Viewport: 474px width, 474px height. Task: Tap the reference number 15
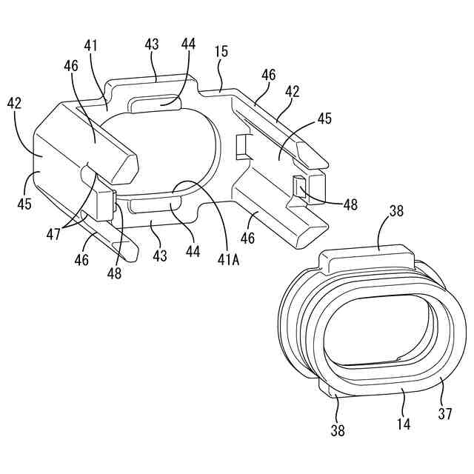tap(221, 53)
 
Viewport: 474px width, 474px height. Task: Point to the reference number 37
tap(444, 414)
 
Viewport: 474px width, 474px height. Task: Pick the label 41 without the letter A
tap(90, 47)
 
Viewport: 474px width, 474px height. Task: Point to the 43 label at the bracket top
tap(152, 45)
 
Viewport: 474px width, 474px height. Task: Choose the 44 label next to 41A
tap(193, 251)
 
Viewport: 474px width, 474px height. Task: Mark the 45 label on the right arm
tap(324, 118)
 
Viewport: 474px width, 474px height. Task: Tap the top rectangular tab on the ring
tap(366, 259)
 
